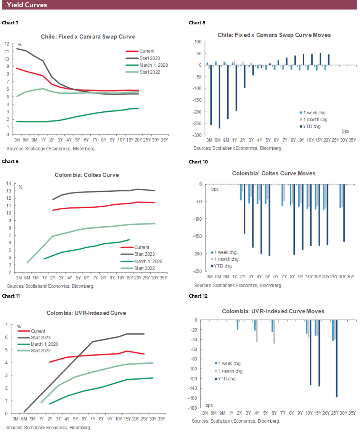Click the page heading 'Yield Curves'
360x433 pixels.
pyautogui.click(x=27, y=5)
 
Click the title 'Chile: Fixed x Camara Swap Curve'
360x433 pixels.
pyautogui.click(x=88, y=37)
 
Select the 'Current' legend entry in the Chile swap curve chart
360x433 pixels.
pyautogui.click(x=147, y=51)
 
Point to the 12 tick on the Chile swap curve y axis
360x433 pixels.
pyautogui.click(x=6, y=43)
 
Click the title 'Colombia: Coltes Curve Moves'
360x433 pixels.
pyautogui.click(x=274, y=173)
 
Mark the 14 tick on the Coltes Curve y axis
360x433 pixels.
pyautogui.click(x=8, y=183)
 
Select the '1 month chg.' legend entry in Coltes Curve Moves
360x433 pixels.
pyautogui.click(x=227, y=259)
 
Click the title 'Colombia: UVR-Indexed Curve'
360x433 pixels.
pyautogui.click(x=86, y=313)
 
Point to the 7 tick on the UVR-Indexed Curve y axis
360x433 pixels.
pyautogui.click(x=7, y=325)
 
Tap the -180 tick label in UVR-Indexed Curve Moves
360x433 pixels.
pyautogui.click(x=196, y=408)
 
